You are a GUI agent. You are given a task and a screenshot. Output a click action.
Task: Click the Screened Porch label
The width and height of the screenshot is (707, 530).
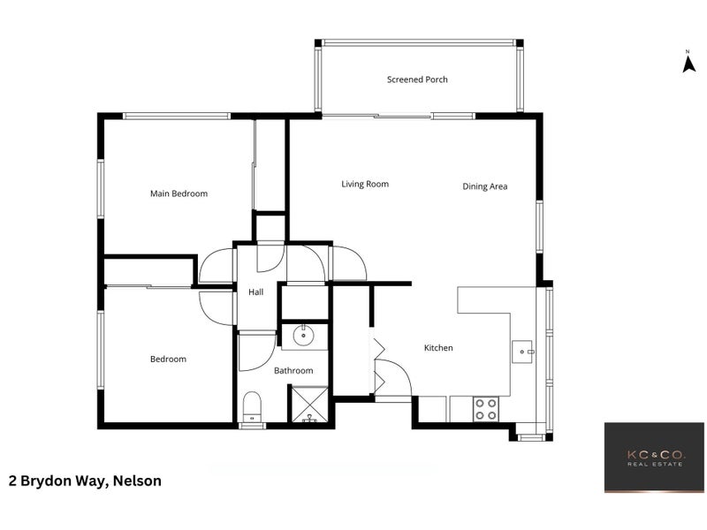point(417,79)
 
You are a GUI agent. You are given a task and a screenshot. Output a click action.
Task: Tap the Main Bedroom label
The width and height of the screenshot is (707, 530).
point(179,193)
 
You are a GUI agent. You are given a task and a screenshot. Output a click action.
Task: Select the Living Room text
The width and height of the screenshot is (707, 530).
point(365,184)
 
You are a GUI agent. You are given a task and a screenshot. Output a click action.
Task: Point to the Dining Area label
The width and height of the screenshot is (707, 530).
point(484,186)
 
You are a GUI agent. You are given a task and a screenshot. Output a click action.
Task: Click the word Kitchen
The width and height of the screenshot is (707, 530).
point(438,348)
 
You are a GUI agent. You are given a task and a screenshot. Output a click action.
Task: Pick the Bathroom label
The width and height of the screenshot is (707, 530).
point(293,371)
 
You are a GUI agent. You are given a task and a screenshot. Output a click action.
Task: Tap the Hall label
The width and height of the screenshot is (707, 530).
point(255,292)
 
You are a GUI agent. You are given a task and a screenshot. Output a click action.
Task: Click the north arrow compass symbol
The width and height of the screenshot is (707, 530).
point(688,62)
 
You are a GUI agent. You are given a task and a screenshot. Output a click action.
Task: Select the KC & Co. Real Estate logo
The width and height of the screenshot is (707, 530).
point(654,458)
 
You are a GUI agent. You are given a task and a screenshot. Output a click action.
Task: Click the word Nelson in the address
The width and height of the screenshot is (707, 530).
point(137,481)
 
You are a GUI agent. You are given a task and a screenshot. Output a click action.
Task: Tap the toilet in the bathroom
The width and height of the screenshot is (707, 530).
point(252,407)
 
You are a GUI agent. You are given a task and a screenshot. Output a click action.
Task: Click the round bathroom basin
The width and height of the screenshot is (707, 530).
point(303,336)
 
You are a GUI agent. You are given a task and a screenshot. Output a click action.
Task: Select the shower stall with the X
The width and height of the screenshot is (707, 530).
point(309,405)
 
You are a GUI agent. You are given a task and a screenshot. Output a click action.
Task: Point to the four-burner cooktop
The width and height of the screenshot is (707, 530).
point(485,409)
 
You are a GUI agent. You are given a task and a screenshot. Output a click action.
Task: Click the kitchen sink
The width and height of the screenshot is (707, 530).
point(523,352)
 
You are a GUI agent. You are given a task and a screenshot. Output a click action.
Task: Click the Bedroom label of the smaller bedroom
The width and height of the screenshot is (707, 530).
point(168,360)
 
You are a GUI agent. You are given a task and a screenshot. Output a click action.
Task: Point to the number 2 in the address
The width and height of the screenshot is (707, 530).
point(12,481)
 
